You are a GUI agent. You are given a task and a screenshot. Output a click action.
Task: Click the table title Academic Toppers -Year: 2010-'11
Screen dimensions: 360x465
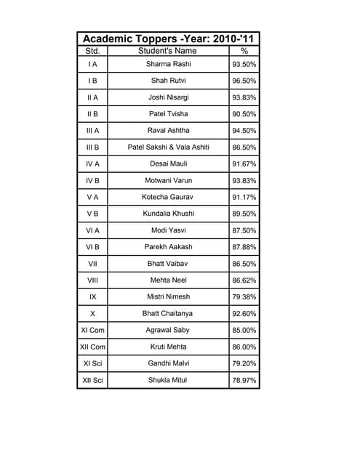168,39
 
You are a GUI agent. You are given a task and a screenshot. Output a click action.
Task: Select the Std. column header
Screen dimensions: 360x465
92,52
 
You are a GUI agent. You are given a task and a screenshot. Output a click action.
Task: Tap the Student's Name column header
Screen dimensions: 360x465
167,52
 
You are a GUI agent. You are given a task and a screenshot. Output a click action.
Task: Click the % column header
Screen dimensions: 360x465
244,52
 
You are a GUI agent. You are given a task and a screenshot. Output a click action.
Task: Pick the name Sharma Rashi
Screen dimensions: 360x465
168,65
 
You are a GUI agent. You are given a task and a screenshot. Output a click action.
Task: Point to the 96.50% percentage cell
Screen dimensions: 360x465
244,81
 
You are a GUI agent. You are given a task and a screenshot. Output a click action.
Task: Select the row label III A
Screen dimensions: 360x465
92,131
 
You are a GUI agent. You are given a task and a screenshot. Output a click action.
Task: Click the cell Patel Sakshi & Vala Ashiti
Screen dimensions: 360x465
168,147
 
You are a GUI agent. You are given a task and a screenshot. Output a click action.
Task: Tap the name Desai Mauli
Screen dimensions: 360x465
168,164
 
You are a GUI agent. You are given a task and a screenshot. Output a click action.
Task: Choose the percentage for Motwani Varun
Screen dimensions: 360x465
244,180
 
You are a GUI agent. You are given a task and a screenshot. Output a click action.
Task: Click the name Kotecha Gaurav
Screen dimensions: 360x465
168,197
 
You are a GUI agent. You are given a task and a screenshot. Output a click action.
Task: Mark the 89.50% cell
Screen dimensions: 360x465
244,214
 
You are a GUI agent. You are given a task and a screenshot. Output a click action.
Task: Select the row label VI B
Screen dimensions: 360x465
92,247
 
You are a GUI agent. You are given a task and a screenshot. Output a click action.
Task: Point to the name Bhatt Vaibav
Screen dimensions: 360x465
168,264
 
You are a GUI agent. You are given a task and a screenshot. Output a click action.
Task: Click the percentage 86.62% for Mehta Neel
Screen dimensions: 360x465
244,280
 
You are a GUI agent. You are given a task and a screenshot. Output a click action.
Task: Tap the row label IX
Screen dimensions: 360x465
92,296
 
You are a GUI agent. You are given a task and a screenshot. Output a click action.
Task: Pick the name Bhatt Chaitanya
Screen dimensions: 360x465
168,313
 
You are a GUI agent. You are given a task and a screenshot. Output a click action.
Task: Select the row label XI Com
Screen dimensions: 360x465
92,330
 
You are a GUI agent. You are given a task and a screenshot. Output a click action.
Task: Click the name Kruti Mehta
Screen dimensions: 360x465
168,347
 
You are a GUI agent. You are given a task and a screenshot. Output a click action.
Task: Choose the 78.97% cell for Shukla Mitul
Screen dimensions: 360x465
244,380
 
